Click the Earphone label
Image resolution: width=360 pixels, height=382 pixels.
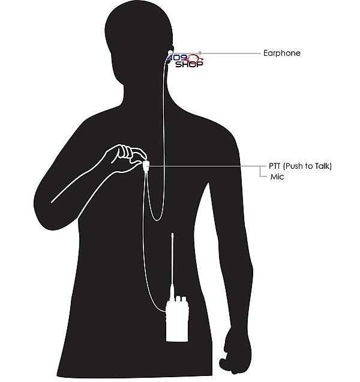(282, 53)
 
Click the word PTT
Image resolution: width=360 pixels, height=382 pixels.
(275, 166)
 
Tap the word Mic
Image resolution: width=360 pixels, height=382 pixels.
(277, 177)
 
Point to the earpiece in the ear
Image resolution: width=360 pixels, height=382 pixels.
(170, 52)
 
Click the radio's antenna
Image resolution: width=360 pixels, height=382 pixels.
(172, 266)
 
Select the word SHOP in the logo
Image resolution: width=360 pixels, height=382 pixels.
(189, 64)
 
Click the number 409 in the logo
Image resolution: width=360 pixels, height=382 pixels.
(178, 58)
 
